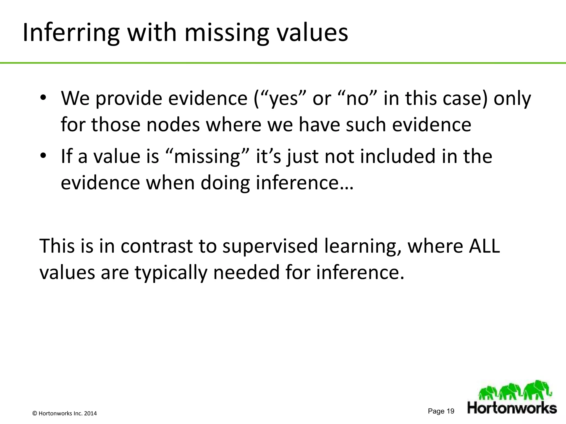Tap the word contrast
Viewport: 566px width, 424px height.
click(156, 246)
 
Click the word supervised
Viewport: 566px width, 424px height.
click(270, 246)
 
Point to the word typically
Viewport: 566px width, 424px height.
click(171, 272)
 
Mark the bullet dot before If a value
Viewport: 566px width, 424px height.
click(43, 156)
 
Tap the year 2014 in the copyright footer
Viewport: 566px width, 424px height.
click(90, 414)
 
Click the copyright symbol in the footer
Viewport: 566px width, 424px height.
click(35, 414)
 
